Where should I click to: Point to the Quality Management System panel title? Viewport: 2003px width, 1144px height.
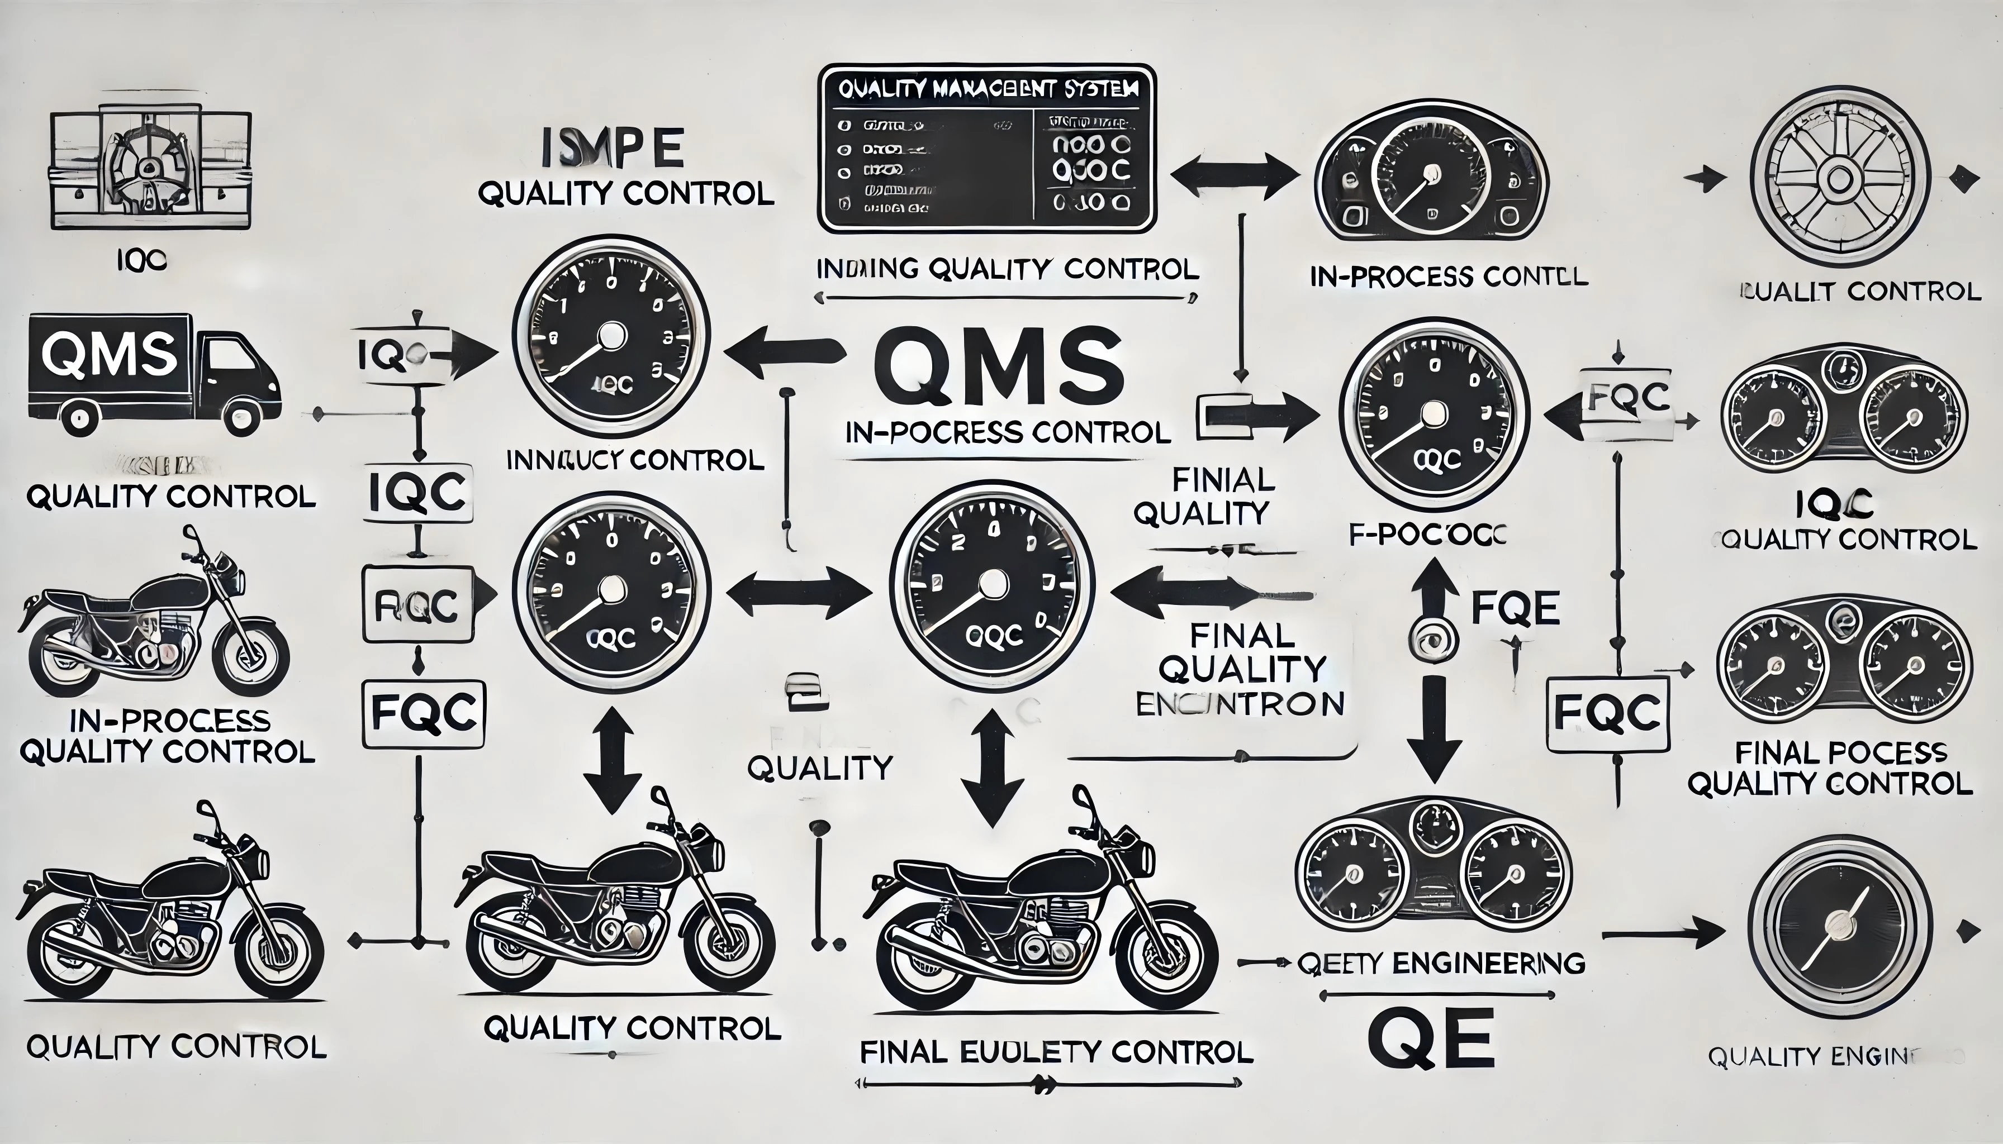pos(988,89)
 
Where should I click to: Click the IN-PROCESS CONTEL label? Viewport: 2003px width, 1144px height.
pos(1449,277)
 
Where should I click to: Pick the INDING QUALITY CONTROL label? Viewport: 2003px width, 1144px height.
pos(1008,269)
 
